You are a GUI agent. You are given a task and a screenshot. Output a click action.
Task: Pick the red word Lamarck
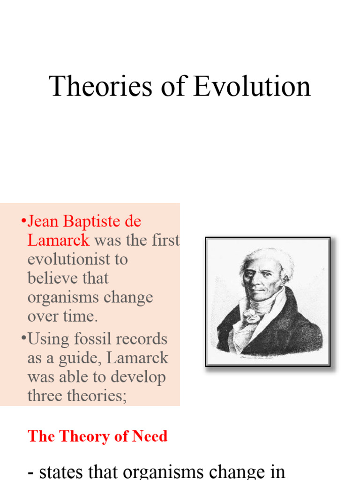tap(59, 240)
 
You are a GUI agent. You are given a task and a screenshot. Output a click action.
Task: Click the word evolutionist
tap(77, 259)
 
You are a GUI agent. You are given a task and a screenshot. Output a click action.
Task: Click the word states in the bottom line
tap(66, 471)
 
